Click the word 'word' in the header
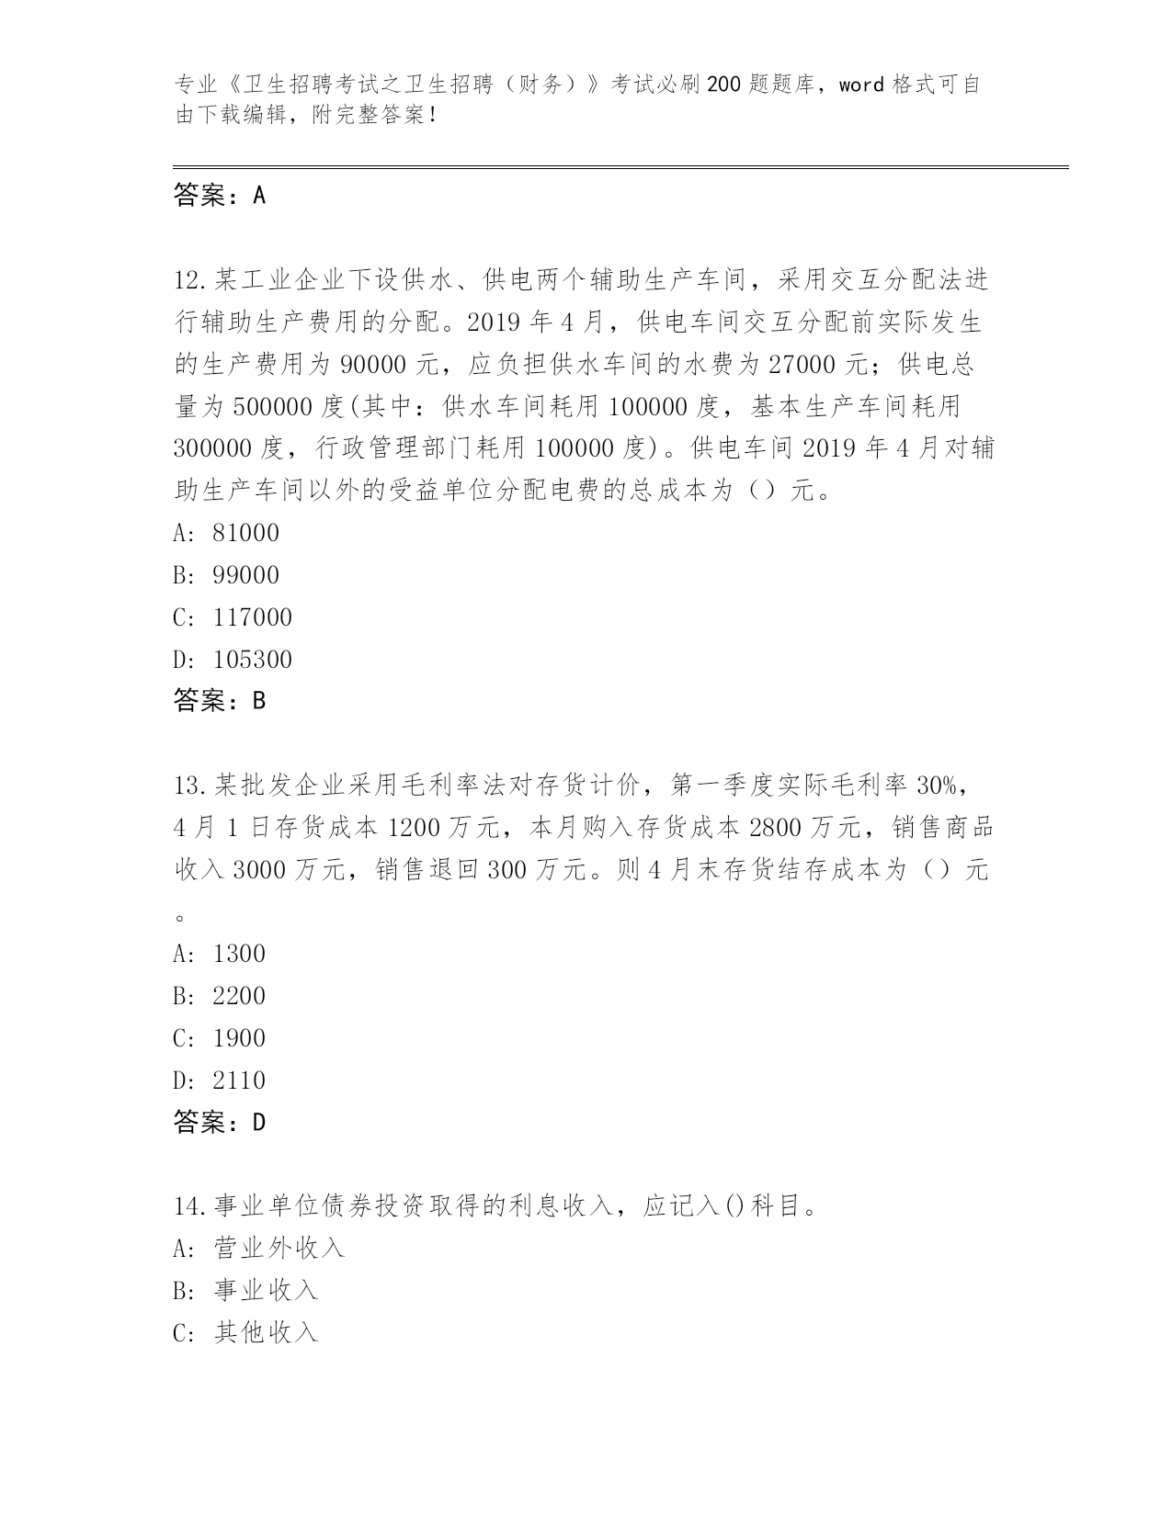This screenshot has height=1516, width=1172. click(x=861, y=85)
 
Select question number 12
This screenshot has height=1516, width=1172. click(x=191, y=279)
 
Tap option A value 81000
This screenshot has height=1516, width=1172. click(x=245, y=533)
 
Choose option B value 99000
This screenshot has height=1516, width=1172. click(x=245, y=575)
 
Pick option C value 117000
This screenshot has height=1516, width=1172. click(x=252, y=617)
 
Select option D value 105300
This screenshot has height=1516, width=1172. click(x=252, y=660)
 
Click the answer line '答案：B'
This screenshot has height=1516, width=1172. click(x=220, y=701)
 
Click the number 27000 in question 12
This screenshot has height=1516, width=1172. click(x=801, y=365)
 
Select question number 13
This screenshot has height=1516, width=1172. click(x=191, y=786)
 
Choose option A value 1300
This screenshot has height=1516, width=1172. click(x=239, y=954)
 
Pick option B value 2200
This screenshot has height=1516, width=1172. click(x=239, y=996)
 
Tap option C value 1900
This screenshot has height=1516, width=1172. click(x=239, y=1038)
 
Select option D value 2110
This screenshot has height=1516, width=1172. click(x=239, y=1080)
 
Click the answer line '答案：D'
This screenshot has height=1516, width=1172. click(x=220, y=1122)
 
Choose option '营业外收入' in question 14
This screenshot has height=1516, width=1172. click(x=279, y=1248)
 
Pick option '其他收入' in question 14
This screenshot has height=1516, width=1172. click(x=266, y=1332)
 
